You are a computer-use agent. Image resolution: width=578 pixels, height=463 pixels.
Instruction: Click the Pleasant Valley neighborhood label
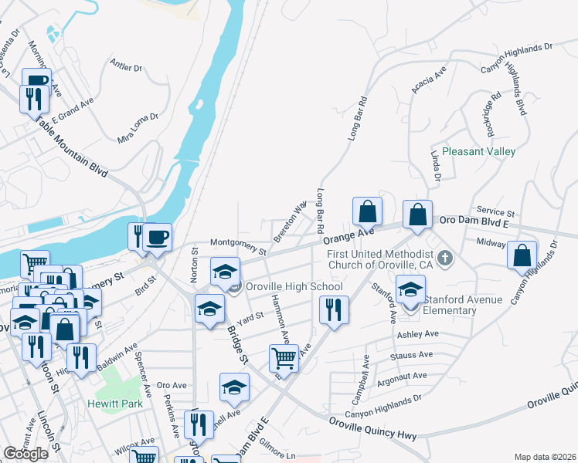479,152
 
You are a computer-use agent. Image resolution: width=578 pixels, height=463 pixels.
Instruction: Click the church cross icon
444,258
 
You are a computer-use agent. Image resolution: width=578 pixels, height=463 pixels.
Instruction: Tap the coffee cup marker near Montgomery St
158,236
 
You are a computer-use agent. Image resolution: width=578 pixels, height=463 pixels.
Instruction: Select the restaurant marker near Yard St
333,310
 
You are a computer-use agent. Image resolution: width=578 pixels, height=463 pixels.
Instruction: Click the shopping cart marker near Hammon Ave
284,357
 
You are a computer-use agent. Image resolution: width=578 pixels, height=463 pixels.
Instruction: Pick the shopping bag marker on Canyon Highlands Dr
522,255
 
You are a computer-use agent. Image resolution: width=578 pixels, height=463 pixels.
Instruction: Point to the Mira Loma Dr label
138,127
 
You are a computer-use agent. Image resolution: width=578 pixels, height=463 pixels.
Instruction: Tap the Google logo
26,454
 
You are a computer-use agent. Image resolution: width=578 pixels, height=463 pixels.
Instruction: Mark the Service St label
495,211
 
